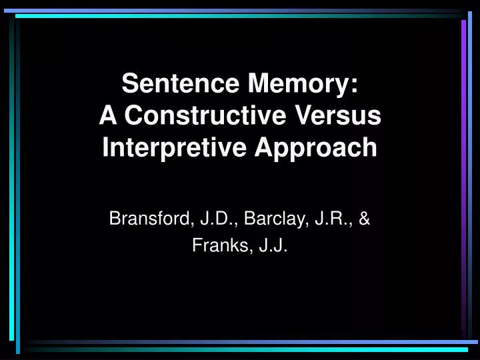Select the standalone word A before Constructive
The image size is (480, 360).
pyautogui.click(x=107, y=115)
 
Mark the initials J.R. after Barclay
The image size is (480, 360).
pyautogui.click(x=333, y=217)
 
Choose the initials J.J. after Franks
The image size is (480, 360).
pyautogui.click(x=270, y=246)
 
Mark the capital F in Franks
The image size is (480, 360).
pyautogui.click(x=197, y=246)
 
